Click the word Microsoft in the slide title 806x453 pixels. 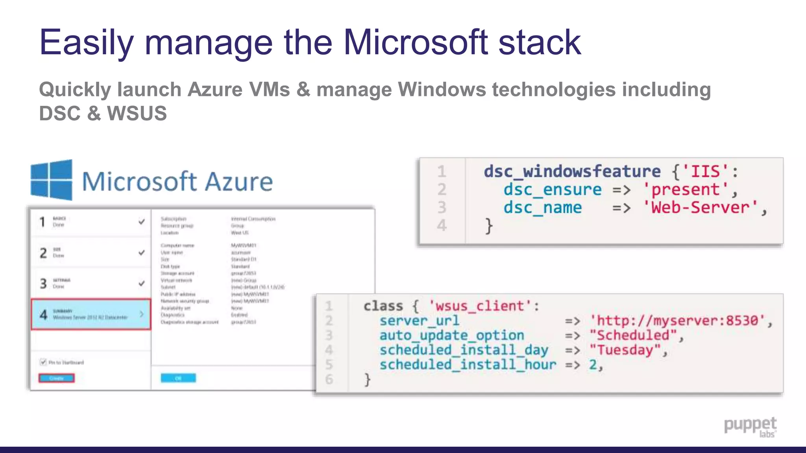click(x=416, y=42)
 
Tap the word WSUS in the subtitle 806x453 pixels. click(x=137, y=113)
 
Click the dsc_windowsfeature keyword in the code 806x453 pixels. click(x=572, y=171)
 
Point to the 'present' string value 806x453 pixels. click(x=685, y=190)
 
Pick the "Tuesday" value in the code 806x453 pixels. click(x=624, y=350)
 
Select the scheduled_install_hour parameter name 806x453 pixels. click(x=468, y=365)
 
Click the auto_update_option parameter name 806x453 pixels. click(x=451, y=335)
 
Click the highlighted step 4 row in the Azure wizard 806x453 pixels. click(x=91, y=314)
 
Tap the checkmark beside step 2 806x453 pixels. click(x=142, y=252)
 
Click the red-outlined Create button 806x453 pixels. click(x=57, y=378)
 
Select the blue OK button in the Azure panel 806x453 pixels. click(x=178, y=378)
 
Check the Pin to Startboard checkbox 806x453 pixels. click(x=43, y=362)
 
